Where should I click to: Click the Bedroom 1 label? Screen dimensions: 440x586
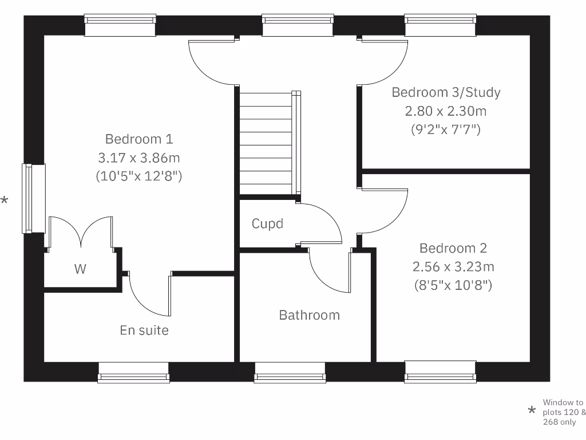[139, 139]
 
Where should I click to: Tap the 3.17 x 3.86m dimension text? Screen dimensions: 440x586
[139, 158]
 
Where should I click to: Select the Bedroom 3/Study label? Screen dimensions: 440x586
[446, 92]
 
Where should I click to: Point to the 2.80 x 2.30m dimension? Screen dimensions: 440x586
[446, 111]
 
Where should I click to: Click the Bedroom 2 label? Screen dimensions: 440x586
[453, 248]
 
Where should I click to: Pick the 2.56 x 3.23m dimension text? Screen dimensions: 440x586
[453, 266]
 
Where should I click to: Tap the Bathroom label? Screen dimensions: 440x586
[309, 315]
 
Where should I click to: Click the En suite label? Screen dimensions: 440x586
[144, 330]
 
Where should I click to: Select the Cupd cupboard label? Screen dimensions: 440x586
[267, 223]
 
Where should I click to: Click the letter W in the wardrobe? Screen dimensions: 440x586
[80, 269]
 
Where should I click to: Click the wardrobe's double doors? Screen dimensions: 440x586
[81, 232]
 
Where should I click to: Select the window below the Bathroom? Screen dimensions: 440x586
[290, 372]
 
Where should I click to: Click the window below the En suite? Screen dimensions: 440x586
[133, 372]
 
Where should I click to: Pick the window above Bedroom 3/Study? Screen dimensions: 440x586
[440, 26]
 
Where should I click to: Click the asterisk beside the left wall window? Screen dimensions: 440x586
[5, 201]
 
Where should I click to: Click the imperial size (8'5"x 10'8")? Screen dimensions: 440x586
[453, 285]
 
